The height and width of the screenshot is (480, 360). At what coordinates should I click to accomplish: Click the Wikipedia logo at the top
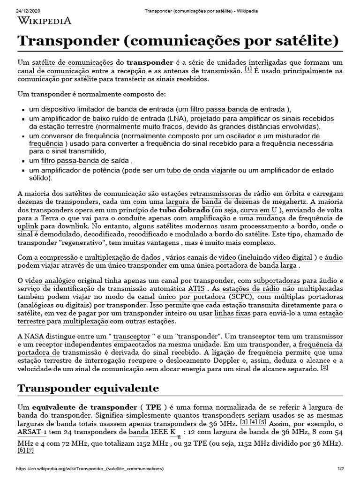[x=45, y=20]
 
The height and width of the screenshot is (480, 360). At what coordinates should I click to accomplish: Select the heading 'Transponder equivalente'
[x=88, y=388]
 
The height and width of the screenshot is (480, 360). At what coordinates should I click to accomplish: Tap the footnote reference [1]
[x=248, y=69]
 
